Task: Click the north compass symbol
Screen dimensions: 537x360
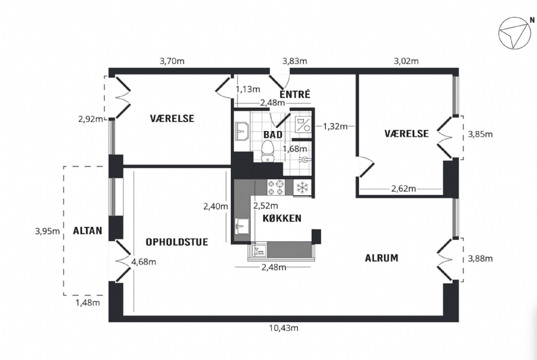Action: (514, 33)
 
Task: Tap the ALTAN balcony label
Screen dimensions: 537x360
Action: (88, 231)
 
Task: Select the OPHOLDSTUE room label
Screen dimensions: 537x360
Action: (177, 242)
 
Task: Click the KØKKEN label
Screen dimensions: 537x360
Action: (282, 218)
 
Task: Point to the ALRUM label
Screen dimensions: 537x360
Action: (381, 258)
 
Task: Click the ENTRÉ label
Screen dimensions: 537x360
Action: (295, 94)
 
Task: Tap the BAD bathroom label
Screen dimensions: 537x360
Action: (273, 135)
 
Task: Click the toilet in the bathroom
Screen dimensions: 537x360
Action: (267, 151)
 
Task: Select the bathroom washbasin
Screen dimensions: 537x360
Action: (243, 131)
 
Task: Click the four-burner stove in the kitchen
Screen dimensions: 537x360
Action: (276, 188)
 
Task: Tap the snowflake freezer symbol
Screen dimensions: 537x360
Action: (302, 188)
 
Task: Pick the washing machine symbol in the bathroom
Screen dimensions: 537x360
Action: (303, 124)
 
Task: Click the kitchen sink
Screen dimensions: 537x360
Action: (242, 226)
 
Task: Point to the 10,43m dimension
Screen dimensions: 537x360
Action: (284, 328)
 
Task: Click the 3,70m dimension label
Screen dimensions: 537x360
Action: (172, 61)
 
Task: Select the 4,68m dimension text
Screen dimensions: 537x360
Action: (143, 262)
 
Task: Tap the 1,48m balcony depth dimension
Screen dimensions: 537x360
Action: (88, 303)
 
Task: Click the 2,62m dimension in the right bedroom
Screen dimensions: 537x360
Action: (403, 189)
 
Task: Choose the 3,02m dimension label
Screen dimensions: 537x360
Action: (406, 61)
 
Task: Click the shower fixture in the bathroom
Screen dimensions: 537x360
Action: (303, 160)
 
